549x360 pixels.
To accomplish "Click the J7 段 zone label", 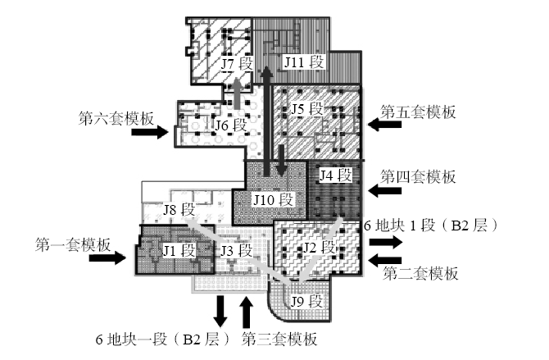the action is [237, 64].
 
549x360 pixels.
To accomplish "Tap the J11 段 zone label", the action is [303, 62].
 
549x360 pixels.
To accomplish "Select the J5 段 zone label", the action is [306, 109].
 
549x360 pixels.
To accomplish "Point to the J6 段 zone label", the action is [231, 125].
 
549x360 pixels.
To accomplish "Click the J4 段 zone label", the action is [335, 175].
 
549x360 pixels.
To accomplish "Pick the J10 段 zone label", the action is [273, 200].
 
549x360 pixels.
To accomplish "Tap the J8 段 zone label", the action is [179, 210].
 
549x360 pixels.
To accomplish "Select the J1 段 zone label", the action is [179, 251].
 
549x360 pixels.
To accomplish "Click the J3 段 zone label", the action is [236, 251].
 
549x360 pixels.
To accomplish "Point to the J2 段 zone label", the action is [319, 248].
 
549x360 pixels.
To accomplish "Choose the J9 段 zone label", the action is [306, 301].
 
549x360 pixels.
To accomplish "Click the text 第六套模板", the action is [116, 118].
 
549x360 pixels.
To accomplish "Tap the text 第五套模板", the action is [418, 112].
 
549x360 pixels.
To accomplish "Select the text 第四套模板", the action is [418, 176].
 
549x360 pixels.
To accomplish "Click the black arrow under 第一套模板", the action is [107, 258].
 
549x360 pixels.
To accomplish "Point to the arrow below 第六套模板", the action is [150, 132].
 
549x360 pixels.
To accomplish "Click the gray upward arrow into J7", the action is [237, 93].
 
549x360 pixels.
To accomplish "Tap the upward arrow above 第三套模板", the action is [247, 312].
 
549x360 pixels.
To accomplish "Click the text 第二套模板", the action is [420, 273].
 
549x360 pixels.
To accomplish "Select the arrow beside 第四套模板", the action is [384, 191].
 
